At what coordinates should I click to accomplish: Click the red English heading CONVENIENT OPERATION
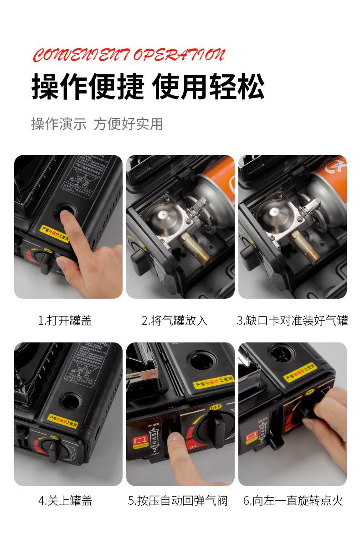pos(129,55)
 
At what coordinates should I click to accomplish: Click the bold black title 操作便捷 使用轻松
pos(148,87)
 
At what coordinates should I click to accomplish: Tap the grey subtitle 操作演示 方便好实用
pos(97,124)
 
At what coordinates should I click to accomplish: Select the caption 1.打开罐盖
pos(65,321)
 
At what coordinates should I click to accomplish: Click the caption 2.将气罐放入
pos(175,321)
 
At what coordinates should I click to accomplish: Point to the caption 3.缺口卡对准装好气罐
pos(292,321)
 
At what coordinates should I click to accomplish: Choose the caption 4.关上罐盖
pos(65,501)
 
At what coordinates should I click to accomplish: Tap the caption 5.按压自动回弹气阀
pos(177,501)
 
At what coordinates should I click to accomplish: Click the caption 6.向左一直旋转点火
pos(293,501)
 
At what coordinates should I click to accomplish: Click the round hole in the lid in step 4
pos(71,401)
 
